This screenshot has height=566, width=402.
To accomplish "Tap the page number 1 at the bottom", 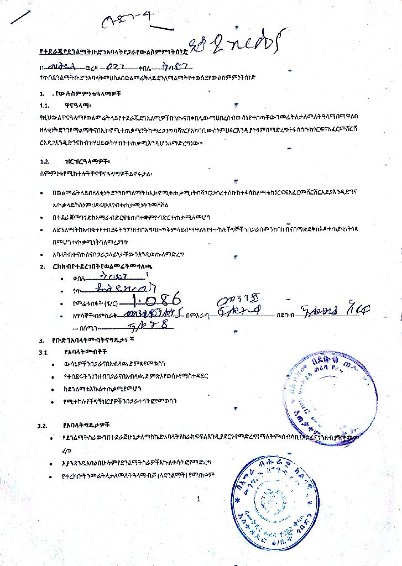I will click(x=198, y=500).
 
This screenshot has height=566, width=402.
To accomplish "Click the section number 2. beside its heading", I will click(x=42, y=266).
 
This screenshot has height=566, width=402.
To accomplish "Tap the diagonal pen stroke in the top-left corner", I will click(x=20, y=16).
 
